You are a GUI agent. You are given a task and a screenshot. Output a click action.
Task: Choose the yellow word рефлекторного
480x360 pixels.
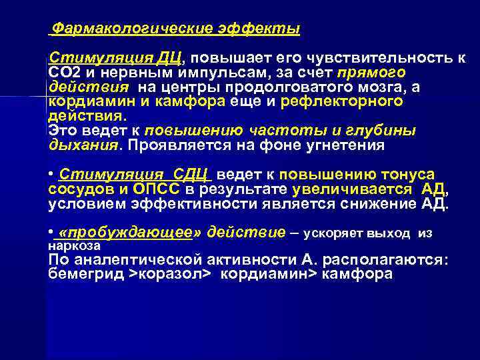pos(342,101)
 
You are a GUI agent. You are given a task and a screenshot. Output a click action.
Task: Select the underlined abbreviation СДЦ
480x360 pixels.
pos(191,175)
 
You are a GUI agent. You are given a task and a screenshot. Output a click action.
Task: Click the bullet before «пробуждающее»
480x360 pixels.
pos(51,232)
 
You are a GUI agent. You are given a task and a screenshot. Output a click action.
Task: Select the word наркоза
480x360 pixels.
pos(70,245)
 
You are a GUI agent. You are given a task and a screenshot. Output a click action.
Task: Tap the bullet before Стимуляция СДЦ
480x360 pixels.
pos(51,174)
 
